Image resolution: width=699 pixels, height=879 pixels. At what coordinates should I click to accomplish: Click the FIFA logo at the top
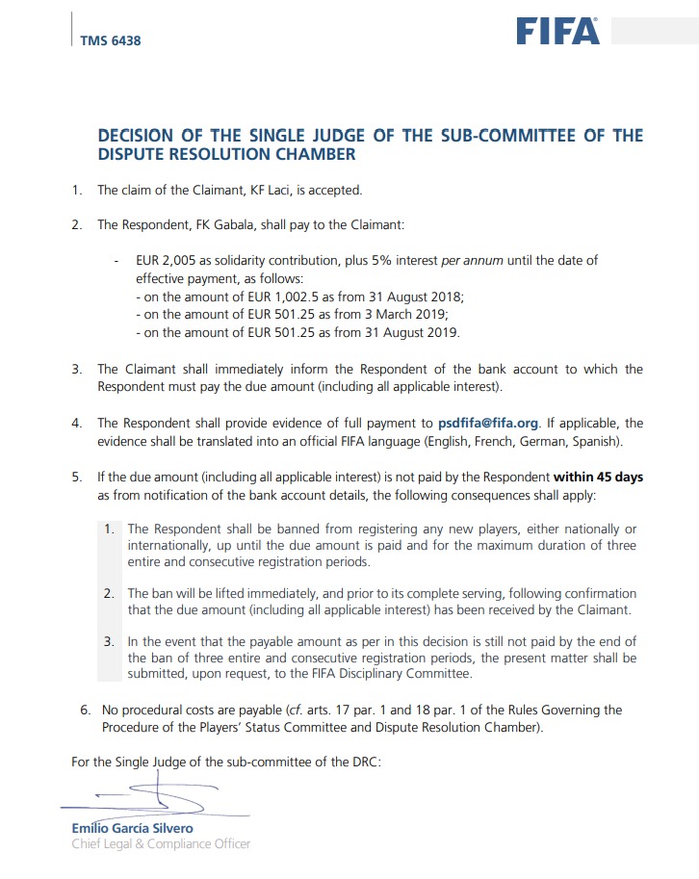[557, 31]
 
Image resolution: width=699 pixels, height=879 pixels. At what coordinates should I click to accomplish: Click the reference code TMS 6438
[111, 40]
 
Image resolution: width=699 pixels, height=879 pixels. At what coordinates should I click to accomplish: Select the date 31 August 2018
[422, 297]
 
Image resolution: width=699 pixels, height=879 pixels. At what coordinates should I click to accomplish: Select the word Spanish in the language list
[595, 441]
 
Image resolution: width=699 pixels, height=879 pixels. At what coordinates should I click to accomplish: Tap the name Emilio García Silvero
[132, 828]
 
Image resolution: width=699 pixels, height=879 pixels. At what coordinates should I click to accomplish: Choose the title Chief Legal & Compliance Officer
[161, 844]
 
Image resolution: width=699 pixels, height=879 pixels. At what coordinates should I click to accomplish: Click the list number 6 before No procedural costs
[84, 711]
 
